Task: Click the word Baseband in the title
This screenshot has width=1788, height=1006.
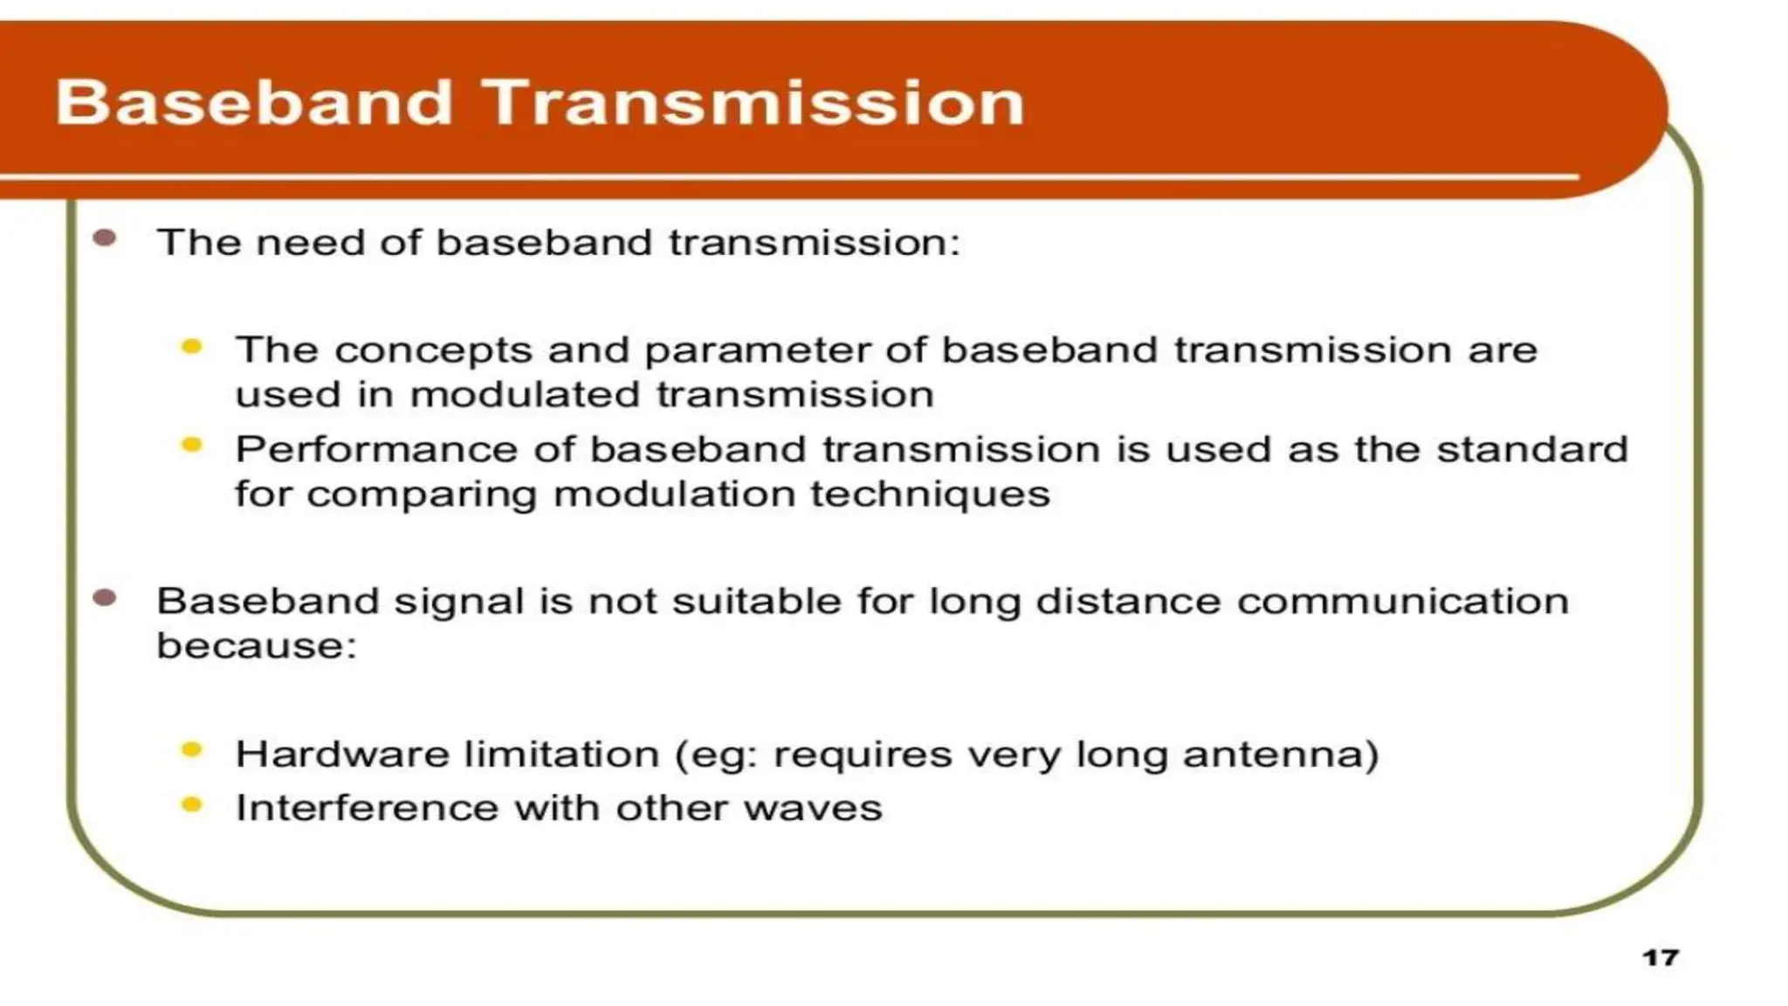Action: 254,103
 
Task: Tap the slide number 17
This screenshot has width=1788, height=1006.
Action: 1660,958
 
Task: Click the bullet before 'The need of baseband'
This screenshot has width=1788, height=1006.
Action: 105,238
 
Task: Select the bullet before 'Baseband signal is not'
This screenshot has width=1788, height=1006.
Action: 105,598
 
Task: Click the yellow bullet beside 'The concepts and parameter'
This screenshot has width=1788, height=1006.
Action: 192,348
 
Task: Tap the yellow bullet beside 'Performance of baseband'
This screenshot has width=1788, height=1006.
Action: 192,446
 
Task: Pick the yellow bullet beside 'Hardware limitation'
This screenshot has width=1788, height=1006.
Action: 192,750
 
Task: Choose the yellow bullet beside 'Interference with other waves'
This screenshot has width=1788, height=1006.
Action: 192,804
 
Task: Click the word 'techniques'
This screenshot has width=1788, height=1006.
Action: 930,495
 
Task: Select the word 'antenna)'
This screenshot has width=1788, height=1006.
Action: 1281,754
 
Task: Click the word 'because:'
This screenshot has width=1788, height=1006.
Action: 257,646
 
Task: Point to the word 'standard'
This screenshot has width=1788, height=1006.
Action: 1532,451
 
